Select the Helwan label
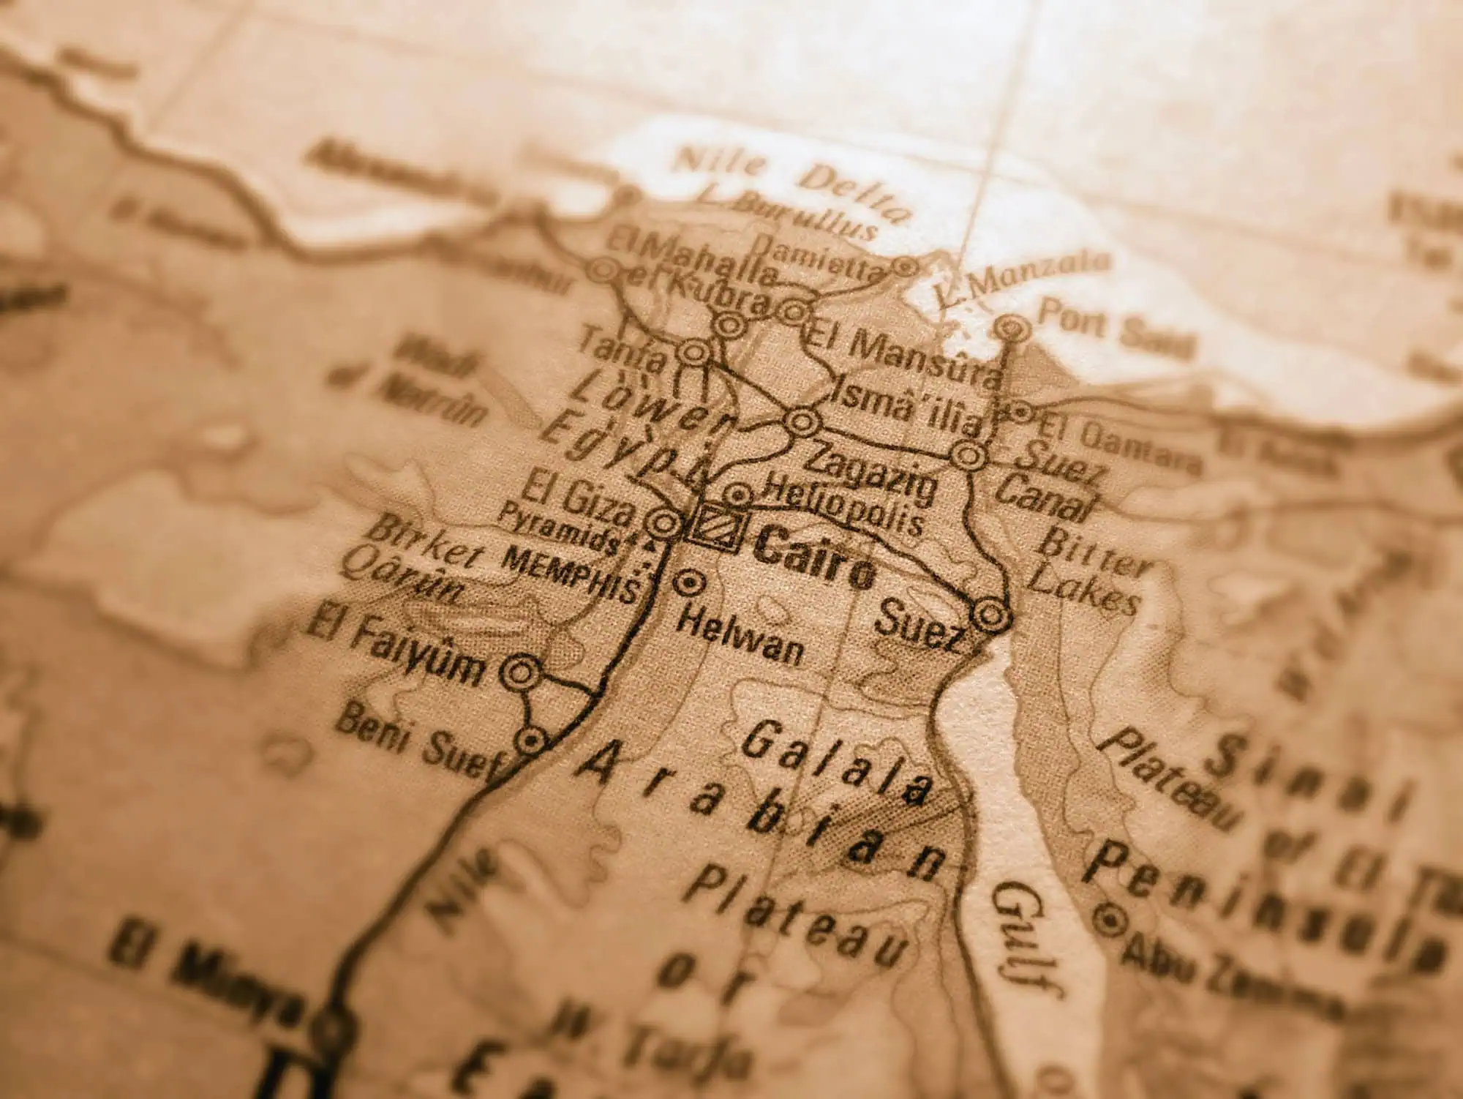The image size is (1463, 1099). coord(740,637)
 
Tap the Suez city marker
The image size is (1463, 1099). coord(990,615)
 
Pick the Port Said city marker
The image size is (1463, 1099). coord(1012,326)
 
